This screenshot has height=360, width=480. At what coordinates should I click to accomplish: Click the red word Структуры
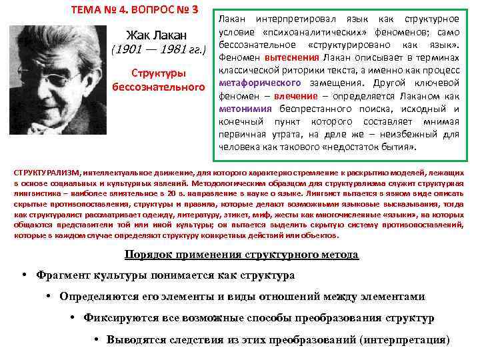tap(158, 73)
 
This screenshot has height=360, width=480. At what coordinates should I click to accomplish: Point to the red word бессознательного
tap(158, 87)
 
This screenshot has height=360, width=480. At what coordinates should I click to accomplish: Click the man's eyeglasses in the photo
tap(57, 67)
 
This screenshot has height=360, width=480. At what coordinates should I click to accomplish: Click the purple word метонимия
tap(243, 108)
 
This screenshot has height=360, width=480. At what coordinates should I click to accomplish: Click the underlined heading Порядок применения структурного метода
tap(241, 255)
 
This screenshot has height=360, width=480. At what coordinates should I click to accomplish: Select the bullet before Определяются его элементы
tap(49, 297)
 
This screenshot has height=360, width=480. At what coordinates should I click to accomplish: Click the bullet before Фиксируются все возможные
tap(72, 318)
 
